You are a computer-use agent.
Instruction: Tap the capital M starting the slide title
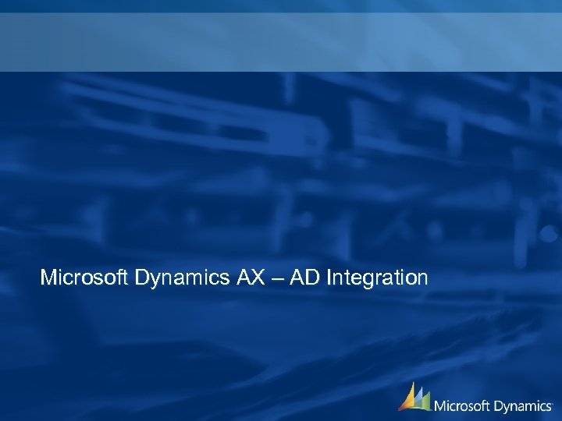point(48,278)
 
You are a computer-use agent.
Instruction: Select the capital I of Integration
point(331,278)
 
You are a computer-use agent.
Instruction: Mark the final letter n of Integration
point(422,279)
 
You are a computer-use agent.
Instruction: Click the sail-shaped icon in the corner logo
point(414,398)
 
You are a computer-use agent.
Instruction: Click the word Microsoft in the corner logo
point(463,405)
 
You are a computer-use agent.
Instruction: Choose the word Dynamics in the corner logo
point(523,406)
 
